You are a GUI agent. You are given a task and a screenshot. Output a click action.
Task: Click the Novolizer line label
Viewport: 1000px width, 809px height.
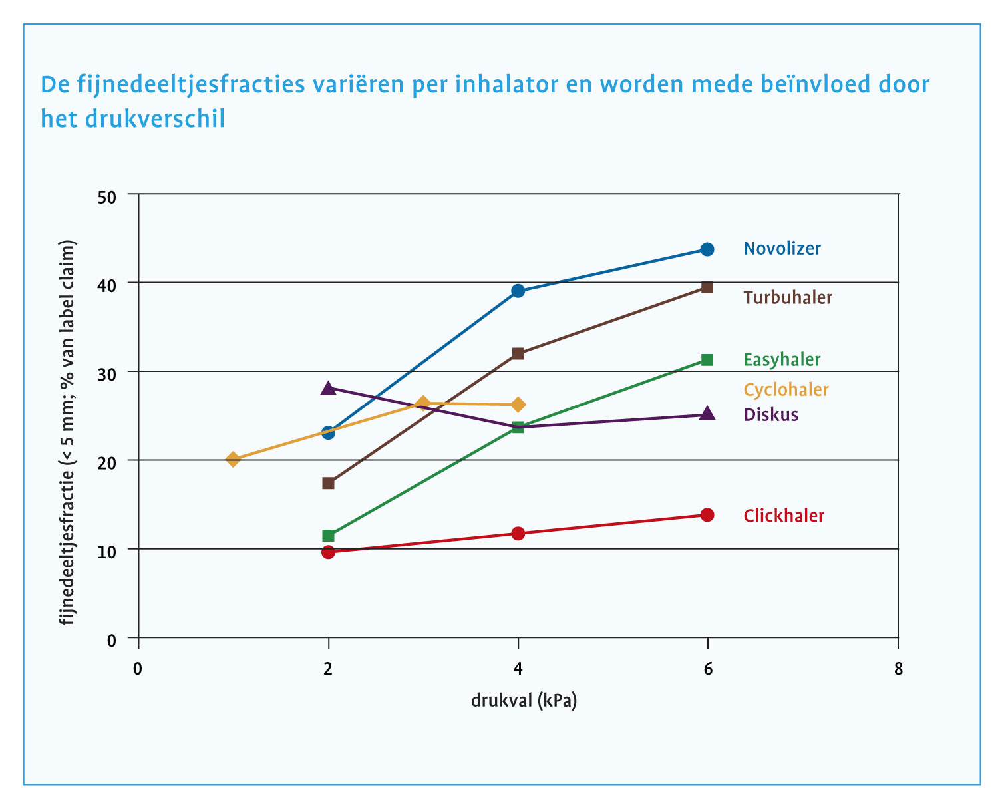782,249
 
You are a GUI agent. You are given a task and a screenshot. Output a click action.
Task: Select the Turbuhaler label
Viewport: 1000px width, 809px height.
788,297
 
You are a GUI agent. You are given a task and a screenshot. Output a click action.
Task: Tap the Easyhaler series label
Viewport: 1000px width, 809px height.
782,360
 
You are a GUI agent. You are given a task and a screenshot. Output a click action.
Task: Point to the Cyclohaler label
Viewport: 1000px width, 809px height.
786,389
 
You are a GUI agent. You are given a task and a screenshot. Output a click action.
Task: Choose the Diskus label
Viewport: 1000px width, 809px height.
770,415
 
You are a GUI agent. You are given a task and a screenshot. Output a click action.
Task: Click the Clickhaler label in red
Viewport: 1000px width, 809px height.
784,516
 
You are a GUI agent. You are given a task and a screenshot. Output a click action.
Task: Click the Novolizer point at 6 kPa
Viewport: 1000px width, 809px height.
707,249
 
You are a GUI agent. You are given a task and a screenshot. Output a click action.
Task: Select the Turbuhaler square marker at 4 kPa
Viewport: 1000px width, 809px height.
518,353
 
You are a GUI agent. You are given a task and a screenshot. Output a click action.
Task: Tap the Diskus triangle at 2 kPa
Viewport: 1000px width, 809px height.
328,388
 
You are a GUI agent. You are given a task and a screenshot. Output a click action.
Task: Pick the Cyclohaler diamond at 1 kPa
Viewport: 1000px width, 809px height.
233,459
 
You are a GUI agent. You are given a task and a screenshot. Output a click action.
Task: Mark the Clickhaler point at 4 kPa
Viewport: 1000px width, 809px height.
518,533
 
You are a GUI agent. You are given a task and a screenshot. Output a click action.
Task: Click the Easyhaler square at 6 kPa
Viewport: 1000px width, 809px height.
707,360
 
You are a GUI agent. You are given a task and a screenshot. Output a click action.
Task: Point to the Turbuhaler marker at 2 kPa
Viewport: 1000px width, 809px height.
328,483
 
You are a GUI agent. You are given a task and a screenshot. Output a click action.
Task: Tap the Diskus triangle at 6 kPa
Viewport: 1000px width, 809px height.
707,414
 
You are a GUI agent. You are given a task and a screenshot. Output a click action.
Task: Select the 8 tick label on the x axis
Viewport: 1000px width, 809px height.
898,669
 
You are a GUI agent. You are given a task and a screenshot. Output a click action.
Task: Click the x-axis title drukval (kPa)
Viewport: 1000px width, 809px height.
524,701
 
